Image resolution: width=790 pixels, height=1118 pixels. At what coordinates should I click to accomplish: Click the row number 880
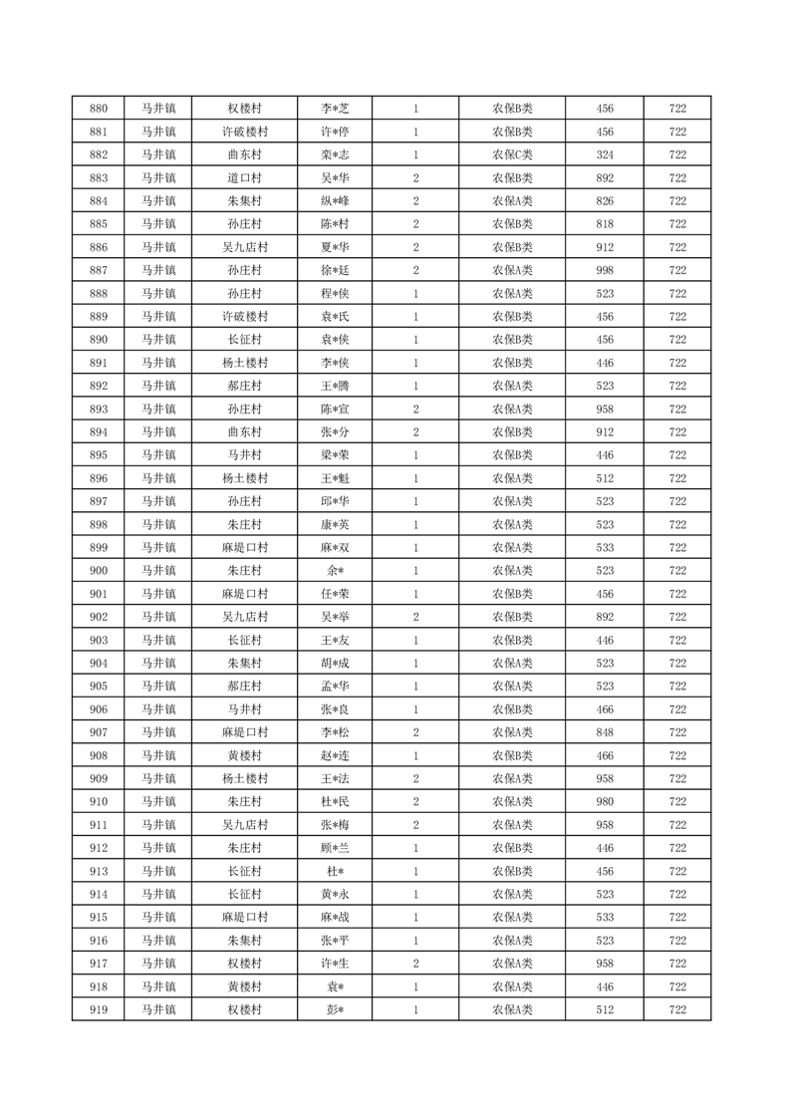click(x=99, y=109)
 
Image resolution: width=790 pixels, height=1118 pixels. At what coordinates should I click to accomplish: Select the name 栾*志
click(x=335, y=154)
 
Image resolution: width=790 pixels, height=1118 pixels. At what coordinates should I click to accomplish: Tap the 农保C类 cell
click(x=512, y=154)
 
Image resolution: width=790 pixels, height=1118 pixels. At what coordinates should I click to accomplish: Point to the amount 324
click(x=605, y=154)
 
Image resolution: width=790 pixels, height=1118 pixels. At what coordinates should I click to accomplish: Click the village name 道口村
click(x=244, y=178)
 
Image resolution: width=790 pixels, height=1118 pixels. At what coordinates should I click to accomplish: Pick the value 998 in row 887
click(x=605, y=270)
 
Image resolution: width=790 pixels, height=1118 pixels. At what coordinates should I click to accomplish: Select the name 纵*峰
click(x=335, y=201)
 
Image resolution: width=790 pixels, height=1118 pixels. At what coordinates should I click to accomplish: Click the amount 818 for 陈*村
click(x=605, y=224)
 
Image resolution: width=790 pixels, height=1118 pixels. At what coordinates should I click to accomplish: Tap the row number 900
click(x=99, y=571)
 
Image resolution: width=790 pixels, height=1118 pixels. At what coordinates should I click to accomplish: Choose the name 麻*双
click(x=335, y=547)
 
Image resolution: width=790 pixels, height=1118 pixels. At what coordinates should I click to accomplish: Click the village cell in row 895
click(x=244, y=455)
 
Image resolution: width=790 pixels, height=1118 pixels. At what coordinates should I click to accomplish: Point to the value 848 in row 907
click(x=605, y=732)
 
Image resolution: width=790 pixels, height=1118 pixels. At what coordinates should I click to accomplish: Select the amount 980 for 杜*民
click(x=605, y=802)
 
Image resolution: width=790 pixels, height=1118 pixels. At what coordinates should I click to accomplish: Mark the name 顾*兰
click(x=335, y=848)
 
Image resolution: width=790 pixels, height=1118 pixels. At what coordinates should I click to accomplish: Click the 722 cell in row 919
click(x=677, y=1009)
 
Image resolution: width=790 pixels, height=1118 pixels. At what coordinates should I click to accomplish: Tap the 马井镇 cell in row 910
click(x=157, y=802)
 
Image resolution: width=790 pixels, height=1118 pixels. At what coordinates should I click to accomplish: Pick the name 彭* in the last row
click(x=335, y=1009)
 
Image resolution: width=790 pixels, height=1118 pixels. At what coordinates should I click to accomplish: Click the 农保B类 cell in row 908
click(x=512, y=755)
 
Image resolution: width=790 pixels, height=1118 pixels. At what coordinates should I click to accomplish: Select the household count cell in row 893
click(x=415, y=409)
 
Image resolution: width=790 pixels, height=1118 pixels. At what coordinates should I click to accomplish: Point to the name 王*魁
click(x=335, y=478)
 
